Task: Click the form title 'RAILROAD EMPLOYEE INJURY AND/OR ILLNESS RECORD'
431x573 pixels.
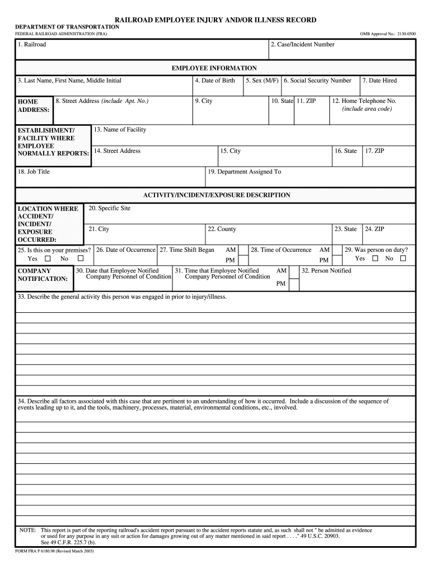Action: (215, 20)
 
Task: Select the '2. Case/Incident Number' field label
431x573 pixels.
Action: (302, 45)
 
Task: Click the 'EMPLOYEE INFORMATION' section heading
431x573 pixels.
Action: (214, 68)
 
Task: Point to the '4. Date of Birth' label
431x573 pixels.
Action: (215, 81)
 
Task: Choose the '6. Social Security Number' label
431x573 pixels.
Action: (317, 81)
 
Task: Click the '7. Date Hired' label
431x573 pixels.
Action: (380, 81)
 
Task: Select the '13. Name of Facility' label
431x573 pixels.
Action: (120, 130)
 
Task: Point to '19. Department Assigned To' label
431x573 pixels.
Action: (244, 172)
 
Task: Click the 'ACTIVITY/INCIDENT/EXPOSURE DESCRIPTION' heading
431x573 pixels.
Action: (217, 195)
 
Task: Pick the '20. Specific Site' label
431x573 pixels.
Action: (109, 208)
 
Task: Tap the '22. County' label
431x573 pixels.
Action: (222, 229)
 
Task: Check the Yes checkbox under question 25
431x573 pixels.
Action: (48, 259)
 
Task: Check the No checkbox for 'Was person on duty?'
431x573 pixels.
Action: (403, 259)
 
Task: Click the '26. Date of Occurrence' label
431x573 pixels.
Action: (125, 250)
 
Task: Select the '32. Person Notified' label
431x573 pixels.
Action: (326, 271)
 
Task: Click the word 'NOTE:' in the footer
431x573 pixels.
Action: (27, 530)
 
